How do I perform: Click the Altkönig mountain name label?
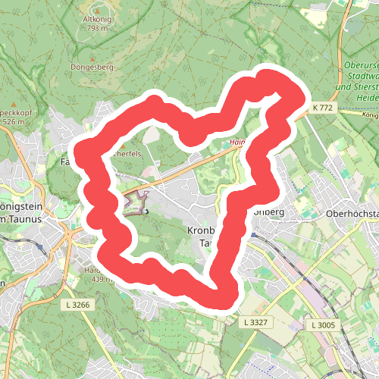pyautogui.click(x=97, y=18)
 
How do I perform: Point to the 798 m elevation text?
pyautogui.click(x=97, y=29)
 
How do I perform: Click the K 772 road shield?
pyautogui.click(x=323, y=108)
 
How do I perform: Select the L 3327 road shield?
pyautogui.click(x=257, y=323)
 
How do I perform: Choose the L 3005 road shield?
pyautogui.click(x=323, y=324)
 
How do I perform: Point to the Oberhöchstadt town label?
pyautogui.click(x=351, y=213)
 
